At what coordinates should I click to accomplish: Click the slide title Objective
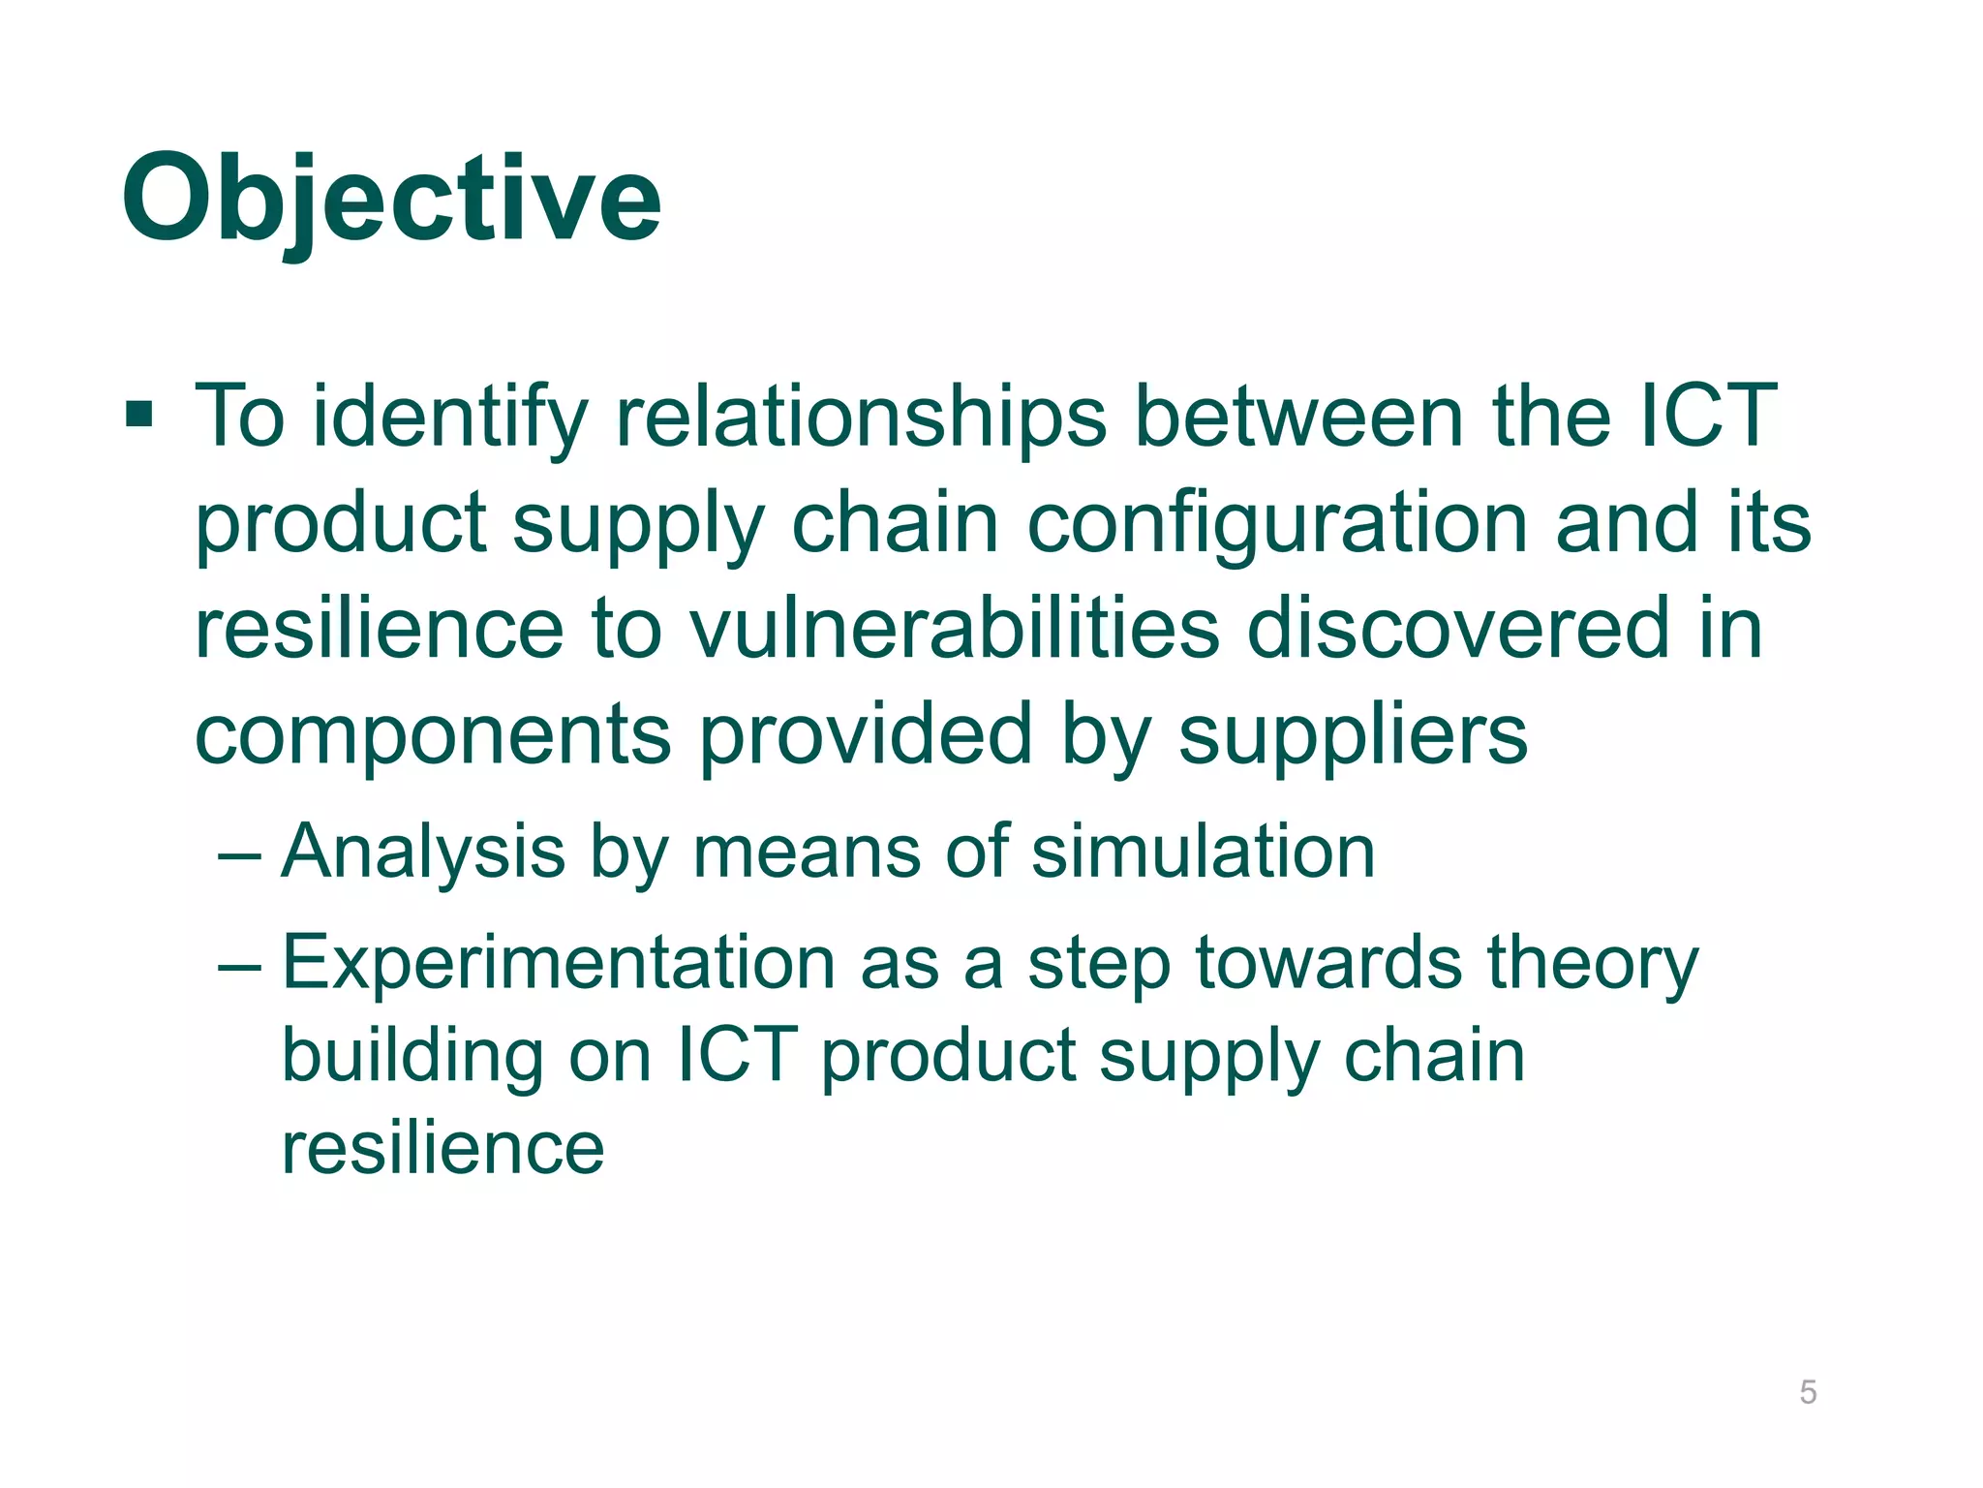391,201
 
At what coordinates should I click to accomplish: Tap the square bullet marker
139,416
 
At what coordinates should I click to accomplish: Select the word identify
450,417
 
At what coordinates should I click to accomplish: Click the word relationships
861,417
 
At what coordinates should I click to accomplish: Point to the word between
1297,417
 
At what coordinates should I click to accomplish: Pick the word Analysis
423,852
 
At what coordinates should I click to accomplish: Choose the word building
412,1056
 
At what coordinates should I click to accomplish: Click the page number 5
1807,1392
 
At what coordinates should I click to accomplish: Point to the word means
806,852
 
